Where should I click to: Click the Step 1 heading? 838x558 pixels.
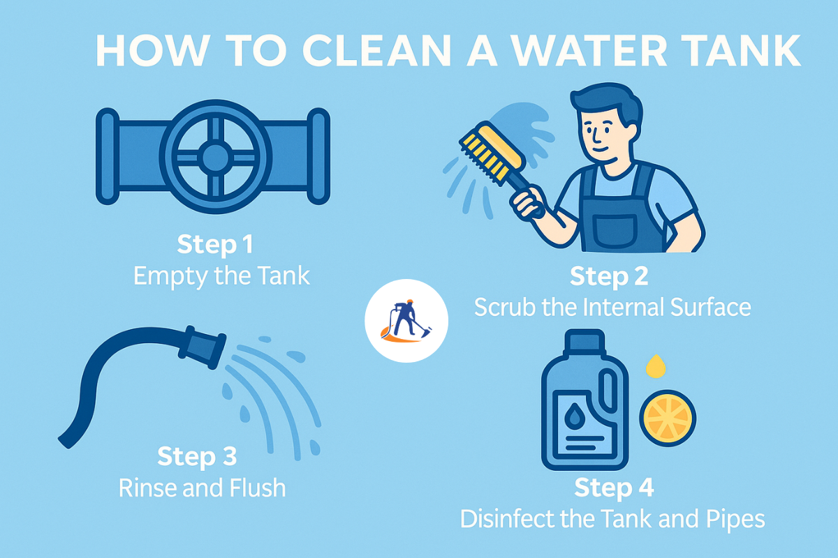click(215, 245)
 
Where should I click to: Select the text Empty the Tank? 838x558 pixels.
click(221, 276)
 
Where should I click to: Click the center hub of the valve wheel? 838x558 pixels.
click(214, 153)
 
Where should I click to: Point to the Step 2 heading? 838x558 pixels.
click(609, 276)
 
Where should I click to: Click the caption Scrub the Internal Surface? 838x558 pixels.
click(612, 308)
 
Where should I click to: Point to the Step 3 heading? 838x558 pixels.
click(197, 457)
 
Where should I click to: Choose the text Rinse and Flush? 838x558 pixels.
click(203, 488)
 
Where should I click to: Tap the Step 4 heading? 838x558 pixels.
click(614, 488)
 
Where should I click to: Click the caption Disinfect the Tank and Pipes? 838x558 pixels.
click(612, 520)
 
